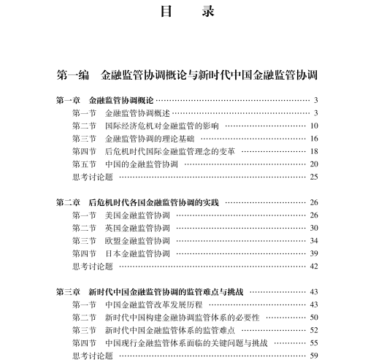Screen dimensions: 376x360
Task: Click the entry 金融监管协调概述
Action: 137,112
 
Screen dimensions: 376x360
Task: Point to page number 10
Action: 314,125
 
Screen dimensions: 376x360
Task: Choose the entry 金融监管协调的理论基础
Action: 149,138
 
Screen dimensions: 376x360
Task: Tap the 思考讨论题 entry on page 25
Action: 93,176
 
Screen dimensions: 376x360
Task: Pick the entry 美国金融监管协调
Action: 137,215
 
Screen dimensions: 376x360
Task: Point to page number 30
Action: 314,227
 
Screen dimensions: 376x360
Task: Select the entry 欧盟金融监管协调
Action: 137,240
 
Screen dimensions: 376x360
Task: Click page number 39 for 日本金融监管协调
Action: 314,253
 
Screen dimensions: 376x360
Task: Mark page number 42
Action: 314,266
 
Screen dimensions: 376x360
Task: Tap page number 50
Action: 314,317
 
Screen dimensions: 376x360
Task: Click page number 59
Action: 314,356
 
